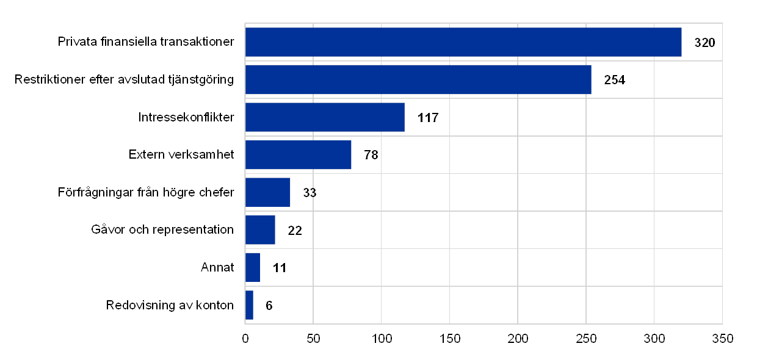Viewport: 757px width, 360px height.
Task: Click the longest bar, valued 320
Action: [x=463, y=42]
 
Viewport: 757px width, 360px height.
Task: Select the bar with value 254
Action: [x=418, y=80]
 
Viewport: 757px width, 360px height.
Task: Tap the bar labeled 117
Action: [x=325, y=117]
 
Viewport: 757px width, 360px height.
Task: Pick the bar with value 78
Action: [x=299, y=155]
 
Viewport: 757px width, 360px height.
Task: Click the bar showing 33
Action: [x=268, y=193]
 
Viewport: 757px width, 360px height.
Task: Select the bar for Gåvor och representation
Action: [x=261, y=230]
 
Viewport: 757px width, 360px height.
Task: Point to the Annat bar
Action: [x=253, y=268]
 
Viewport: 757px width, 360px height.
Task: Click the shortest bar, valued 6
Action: [x=249, y=305]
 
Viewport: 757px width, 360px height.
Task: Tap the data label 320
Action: [x=704, y=42]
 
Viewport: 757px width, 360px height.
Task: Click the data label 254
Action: [x=613, y=80]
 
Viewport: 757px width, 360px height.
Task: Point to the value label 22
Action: [x=294, y=230]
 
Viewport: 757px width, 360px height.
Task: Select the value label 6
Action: [x=269, y=305]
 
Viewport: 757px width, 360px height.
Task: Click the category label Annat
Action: [x=217, y=268]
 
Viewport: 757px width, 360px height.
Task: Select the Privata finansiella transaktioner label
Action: [x=148, y=42]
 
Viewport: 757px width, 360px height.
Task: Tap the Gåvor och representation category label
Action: [x=162, y=230]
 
